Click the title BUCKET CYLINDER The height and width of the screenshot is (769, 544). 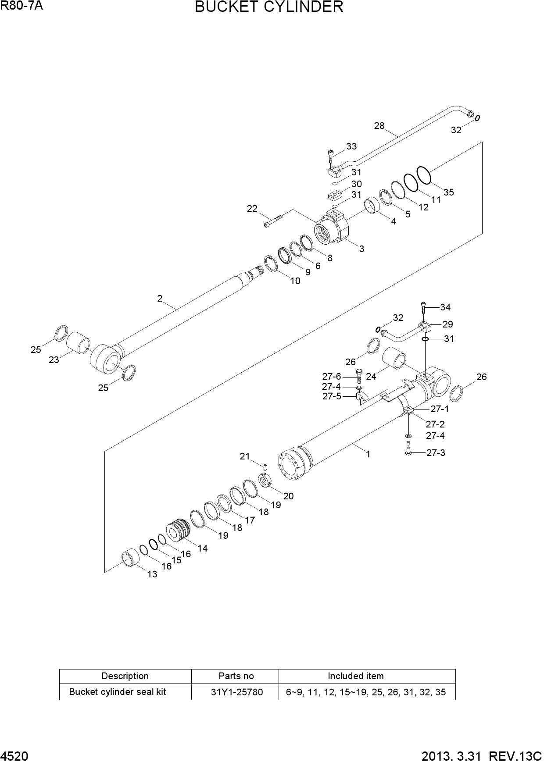(269, 7)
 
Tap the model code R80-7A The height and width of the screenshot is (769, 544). (21, 6)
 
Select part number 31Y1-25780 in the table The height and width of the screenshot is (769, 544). (236, 692)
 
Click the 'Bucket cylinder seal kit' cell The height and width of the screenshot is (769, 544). (118, 692)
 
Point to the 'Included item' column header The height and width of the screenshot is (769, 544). (355, 676)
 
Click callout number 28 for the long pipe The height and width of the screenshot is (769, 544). (379, 126)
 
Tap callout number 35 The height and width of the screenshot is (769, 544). (448, 192)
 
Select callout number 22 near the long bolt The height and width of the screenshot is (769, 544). (252, 209)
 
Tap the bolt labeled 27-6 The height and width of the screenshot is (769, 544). (358, 377)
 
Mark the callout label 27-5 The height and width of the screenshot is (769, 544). (332, 396)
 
